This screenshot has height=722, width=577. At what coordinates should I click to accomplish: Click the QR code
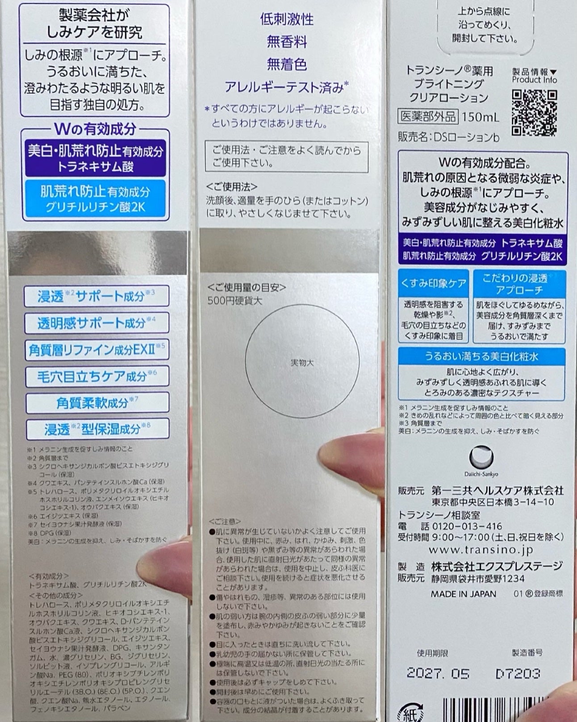click(534, 112)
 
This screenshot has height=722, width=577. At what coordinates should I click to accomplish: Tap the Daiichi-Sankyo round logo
click(481, 457)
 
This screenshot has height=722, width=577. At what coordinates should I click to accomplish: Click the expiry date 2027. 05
click(438, 673)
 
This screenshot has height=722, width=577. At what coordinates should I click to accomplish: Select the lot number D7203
click(518, 673)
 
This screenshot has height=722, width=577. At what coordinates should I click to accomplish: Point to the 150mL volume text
click(480, 117)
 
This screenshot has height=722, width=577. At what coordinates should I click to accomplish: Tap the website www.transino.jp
click(481, 550)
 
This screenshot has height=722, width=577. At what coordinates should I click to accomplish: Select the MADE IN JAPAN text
click(463, 594)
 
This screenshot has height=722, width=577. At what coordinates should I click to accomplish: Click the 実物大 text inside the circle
click(302, 363)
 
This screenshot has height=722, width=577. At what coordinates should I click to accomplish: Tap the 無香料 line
click(287, 42)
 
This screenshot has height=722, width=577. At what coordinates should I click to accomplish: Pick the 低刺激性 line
click(287, 19)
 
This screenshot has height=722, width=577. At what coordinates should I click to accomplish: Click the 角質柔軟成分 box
click(97, 402)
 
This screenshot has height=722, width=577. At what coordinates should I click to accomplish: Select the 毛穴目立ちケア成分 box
click(97, 376)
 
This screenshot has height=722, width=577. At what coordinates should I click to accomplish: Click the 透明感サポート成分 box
click(96, 323)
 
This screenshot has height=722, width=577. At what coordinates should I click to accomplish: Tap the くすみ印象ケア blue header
click(433, 283)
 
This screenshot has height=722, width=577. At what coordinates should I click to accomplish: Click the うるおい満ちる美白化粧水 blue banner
click(481, 356)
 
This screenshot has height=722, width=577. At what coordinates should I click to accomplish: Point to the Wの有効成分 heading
click(95, 129)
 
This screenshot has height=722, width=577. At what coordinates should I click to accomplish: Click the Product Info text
click(534, 80)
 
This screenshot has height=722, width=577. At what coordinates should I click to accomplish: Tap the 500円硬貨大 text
click(234, 301)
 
